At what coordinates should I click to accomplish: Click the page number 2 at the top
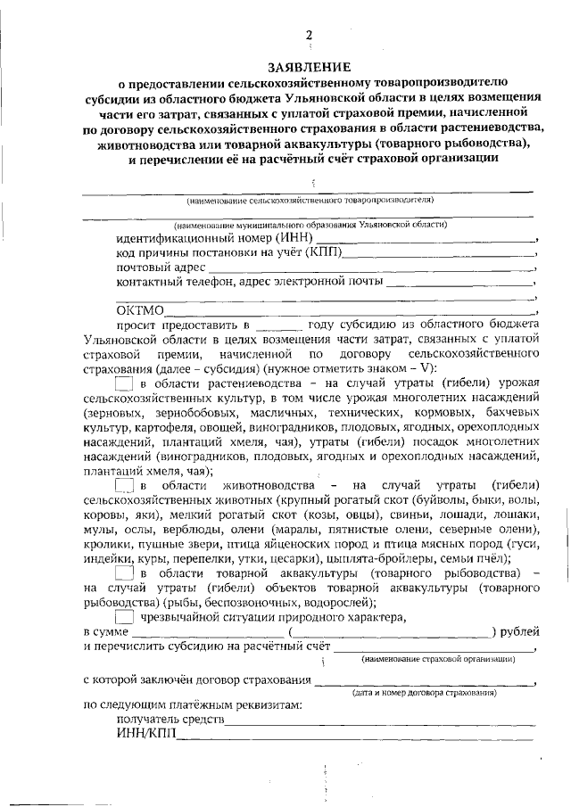(309, 35)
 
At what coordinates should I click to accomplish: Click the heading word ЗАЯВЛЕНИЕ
(310, 68)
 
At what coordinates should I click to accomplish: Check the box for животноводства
(125, 486)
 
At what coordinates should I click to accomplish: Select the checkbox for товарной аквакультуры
(125, 572)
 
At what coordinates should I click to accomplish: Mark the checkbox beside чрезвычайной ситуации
(125, 615)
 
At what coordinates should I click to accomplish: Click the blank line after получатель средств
(379, 721)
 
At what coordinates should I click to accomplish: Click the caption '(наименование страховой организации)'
(438, 660)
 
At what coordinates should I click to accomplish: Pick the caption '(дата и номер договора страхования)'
(425, 693)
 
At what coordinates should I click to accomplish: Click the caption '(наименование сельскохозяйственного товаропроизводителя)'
(310, 201)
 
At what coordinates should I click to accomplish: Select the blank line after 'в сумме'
(206, 632)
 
